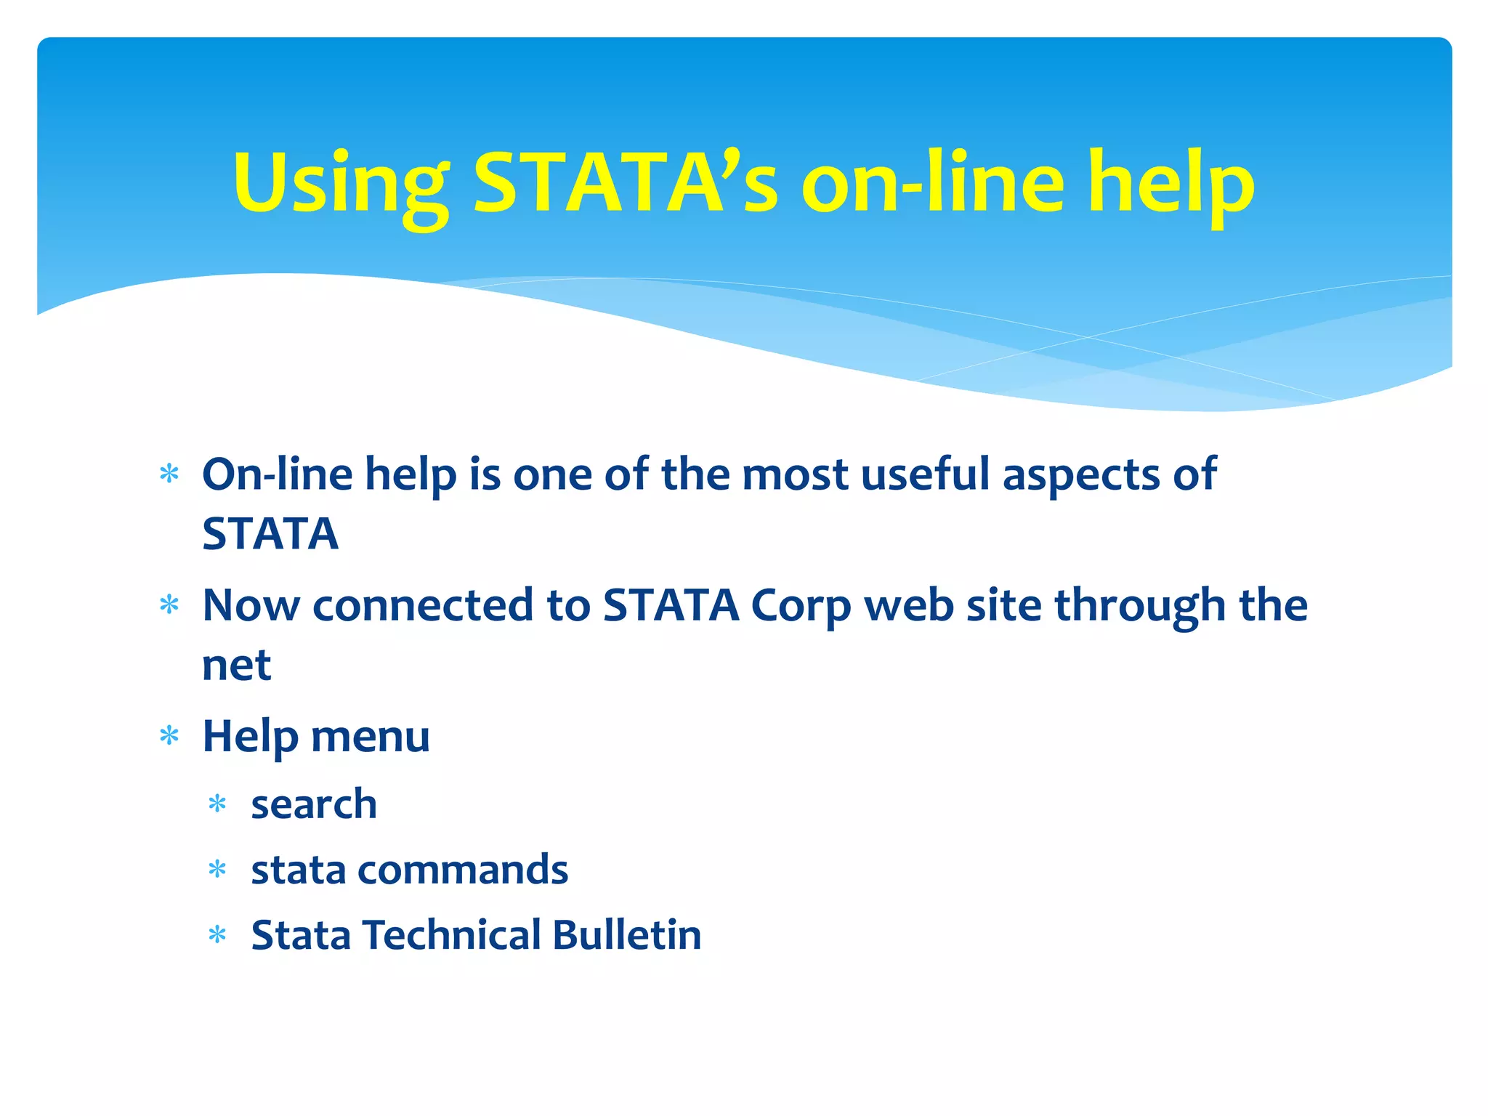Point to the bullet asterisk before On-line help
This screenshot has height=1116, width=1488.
click(169, 474)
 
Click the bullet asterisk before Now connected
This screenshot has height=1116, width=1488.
click(169, 605)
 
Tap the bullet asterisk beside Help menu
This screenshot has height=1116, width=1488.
click(169, 736)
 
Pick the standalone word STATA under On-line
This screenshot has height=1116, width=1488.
click(270, 534)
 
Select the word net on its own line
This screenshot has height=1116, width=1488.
click(236, 666)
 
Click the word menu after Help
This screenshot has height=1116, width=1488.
click(370, 737)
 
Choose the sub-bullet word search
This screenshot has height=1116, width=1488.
click(314, 804)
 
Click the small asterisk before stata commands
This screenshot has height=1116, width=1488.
click(217, 870)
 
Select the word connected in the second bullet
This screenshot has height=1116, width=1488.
click(422, 606)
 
